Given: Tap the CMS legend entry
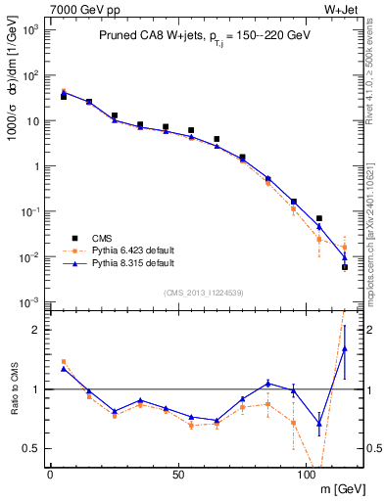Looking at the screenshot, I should tap(104, 238).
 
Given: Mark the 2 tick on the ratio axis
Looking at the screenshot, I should tap(34, 330).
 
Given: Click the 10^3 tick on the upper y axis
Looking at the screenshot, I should tap(29, 30).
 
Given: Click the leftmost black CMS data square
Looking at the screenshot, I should tap(64, 97).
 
